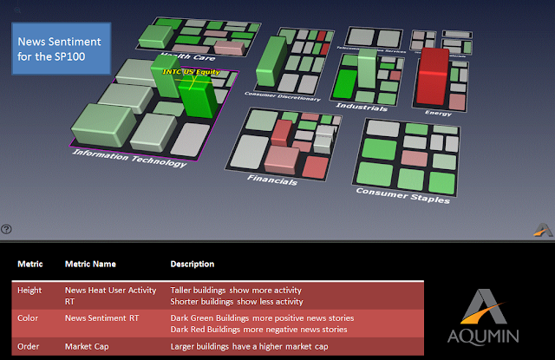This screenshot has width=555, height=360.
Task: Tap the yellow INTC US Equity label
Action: tap(191, 73)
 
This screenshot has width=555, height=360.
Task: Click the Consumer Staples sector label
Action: tap(402, 194)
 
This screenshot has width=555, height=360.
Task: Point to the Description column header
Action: tap(193, 264)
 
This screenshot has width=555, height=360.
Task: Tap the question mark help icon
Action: tap(7, 229)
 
